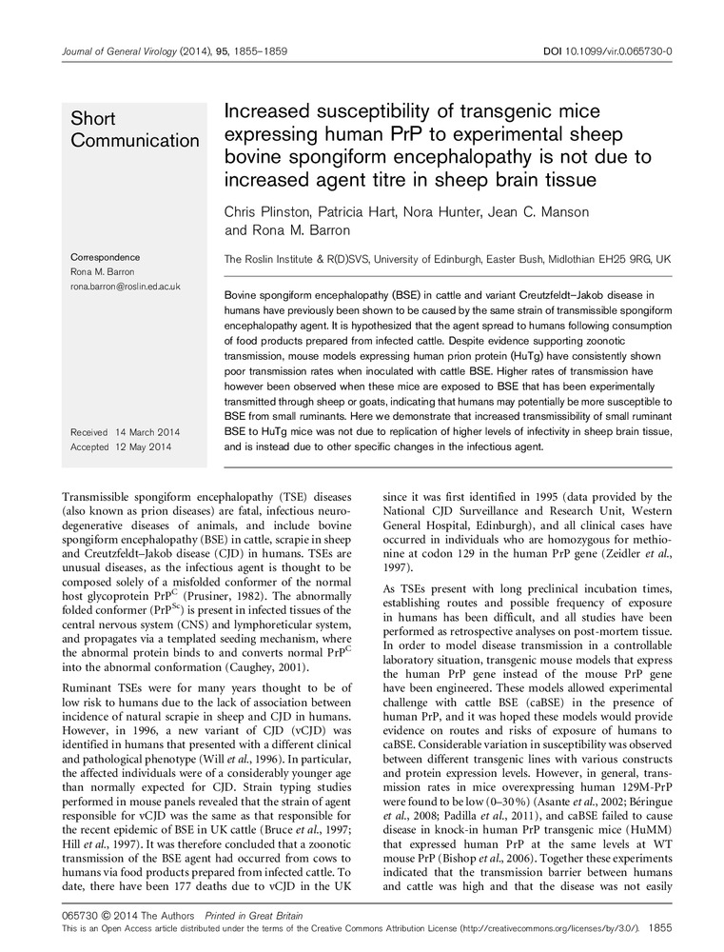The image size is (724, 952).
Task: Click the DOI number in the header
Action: point(627,50)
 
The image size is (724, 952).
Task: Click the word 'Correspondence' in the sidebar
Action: point(106,258)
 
